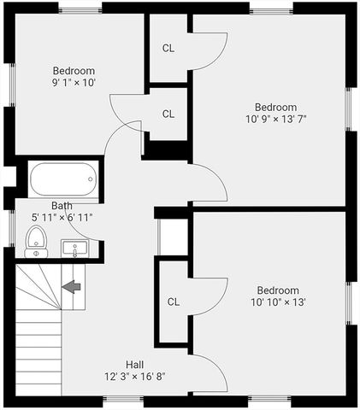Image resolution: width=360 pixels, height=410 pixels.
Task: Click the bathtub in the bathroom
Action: pos(63,179)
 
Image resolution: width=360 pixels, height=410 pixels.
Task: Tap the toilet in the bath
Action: pos(36,242)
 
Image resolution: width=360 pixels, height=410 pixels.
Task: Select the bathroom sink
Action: pos(74,249)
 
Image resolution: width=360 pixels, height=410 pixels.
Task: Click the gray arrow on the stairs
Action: pos(72,286)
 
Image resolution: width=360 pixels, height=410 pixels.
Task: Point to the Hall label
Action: pos(135,365)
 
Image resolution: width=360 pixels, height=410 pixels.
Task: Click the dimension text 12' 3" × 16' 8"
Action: pos(135,377)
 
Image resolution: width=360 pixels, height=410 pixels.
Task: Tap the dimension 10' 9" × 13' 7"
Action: pos(276,119)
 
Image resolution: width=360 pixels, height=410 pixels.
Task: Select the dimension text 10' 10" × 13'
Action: pos(278,302)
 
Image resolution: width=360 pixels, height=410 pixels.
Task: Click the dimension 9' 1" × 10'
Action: pos(74,83)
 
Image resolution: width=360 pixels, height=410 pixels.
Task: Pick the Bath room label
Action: pos(62,206)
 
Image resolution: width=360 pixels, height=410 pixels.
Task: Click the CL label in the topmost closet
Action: pos(168,48)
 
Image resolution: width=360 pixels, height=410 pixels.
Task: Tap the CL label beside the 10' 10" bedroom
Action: pos(174,302)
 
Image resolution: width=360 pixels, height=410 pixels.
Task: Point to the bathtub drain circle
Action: pos(91,179)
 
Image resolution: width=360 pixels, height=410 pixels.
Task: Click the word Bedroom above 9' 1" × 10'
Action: pos(74,70)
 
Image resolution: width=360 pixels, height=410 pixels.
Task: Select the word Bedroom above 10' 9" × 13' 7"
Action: pos(275,107)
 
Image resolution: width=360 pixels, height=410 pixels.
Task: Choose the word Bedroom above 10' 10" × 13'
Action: pos(278,290)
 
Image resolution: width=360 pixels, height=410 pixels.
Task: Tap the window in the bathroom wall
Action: pos(12,228)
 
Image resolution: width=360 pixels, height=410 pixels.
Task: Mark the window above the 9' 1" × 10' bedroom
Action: pos(80,9)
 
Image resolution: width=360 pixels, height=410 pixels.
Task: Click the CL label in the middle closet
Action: pos(168,114)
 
